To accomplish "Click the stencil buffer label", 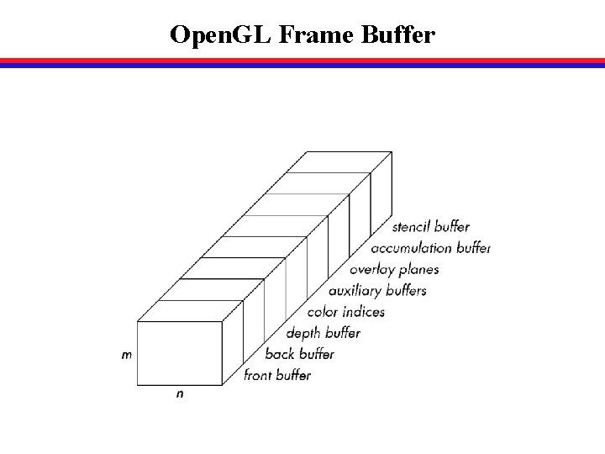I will [431, 227].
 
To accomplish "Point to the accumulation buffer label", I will [431, 248].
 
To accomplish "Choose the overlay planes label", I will [394, 270].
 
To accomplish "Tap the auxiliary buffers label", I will [377, 291].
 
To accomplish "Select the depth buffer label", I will [324, 333].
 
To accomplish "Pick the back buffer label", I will [299, 354].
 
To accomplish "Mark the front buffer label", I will [277, 375].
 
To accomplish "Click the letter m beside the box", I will [126, 355].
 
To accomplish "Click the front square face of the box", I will [179, 353].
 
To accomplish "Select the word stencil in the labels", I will [412, 227].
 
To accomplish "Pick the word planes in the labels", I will [418, 270].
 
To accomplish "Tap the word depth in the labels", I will [303, 333].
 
